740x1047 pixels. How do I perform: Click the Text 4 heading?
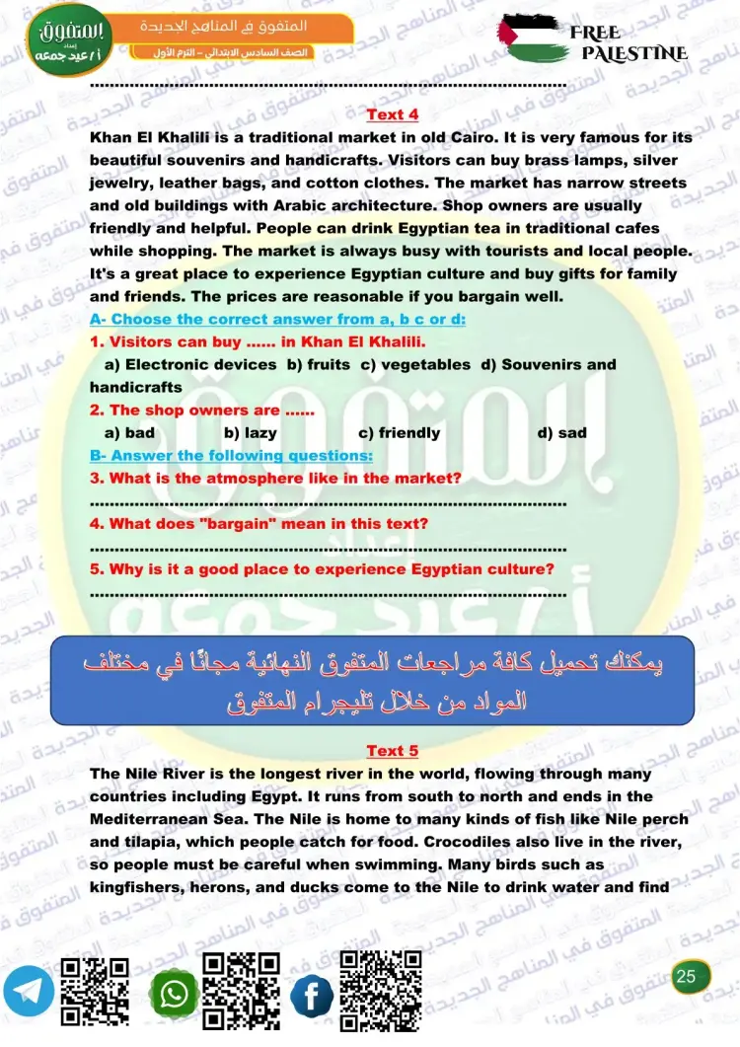pos(392,114)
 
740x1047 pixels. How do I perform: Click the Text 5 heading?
pos(392,750)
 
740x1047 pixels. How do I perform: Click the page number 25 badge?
pos(688,977)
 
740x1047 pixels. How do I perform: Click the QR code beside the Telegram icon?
pos(96,992)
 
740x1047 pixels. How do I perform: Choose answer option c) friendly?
pos(399,432)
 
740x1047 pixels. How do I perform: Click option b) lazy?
pos(250,432)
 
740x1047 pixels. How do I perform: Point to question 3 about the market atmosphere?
pos(275,478)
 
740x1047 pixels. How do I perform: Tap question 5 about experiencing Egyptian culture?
pos(322,569)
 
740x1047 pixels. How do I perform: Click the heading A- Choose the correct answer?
pos(277,319)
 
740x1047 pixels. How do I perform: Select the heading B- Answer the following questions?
pos(231,455)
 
